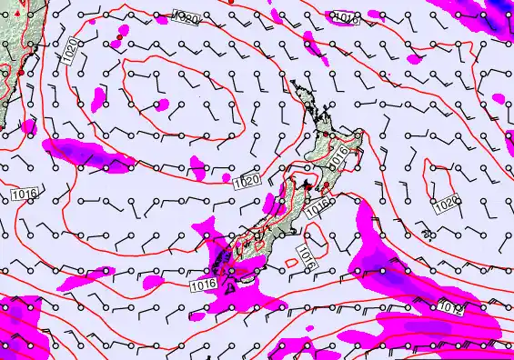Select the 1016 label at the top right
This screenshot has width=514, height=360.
coord(346,17)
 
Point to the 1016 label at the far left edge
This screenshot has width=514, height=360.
coord(24,195)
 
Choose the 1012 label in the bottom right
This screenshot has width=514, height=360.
coord(451,308)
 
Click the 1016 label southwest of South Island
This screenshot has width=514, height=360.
coord(204,285)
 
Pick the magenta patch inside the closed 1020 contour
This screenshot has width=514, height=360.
coord(161,105)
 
